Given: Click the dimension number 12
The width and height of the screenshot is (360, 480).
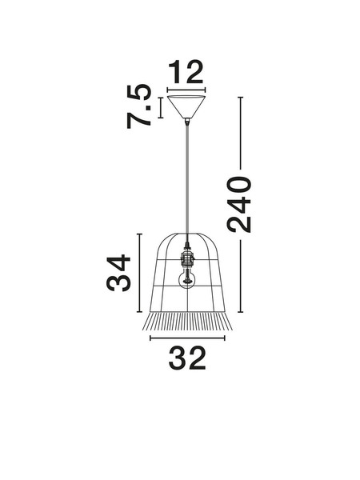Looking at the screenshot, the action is tap(186, 72).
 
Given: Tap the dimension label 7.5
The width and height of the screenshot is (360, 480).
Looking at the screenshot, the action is tap(139, 106).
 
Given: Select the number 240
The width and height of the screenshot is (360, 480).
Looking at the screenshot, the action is tap(239, 204).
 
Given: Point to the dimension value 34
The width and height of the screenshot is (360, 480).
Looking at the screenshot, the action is tap(118, 273).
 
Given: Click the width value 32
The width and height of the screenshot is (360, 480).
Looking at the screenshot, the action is tap(187, 358).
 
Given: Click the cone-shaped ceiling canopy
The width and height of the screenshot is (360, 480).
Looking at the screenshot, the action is tap(186, 107).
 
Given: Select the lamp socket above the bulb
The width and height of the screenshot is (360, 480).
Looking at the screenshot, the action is tap(187, 258).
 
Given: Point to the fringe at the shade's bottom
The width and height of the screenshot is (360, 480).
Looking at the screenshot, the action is tap(187, 322).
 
